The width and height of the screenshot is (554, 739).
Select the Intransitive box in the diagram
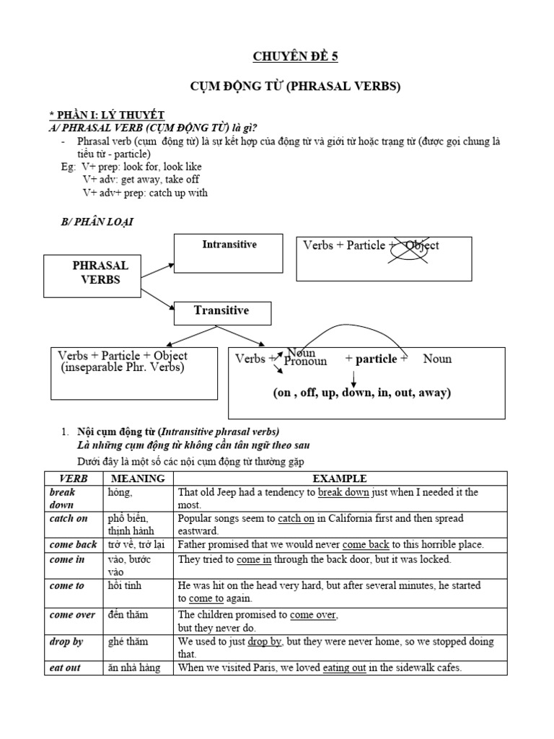pos(229,253)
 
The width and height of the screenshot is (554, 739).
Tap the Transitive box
pos(221,312)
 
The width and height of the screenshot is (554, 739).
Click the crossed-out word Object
pos(421,245)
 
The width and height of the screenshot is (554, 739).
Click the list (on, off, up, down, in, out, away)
pos(361,393)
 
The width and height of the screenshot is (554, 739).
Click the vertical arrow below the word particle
pos(354,378)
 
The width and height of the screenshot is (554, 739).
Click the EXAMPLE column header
pos(340,478)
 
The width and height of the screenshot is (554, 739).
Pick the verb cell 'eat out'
pos(65,668)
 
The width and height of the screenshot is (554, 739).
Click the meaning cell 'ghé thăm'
pos(126,641)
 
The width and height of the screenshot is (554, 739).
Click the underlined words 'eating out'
pos(345,668)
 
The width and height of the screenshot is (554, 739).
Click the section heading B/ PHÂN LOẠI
pos(97,222)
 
